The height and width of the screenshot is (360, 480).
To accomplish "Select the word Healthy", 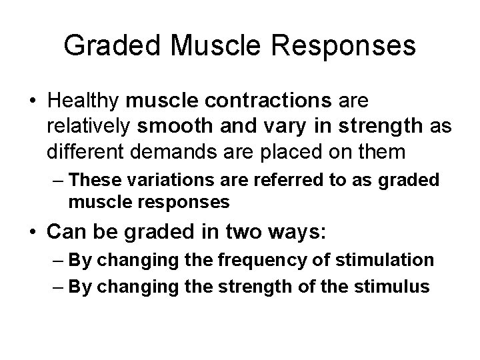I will click(83, 101).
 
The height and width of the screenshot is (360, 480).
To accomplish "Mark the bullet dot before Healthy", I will click(32, 102).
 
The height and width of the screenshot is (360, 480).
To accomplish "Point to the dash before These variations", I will click(58, 180).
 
